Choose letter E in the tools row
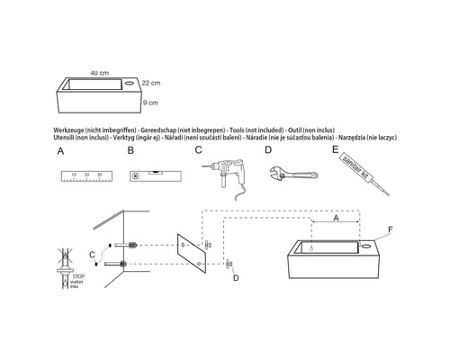pyautogui.click(x=334, y=150)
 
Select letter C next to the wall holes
pyautogui.click(x=103, y=254)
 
